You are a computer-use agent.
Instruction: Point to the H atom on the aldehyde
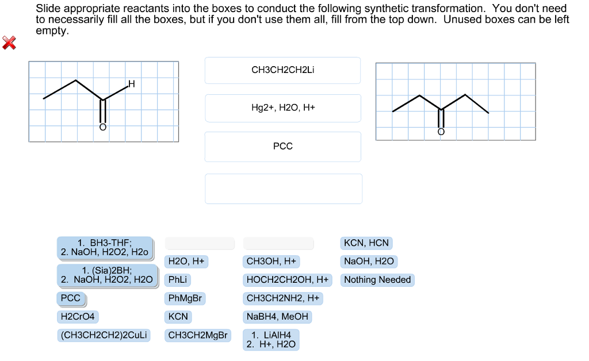tap(132, 85)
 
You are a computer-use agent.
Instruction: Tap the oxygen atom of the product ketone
tap(441, 132)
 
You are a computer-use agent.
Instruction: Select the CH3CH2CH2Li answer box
tap(282, 70)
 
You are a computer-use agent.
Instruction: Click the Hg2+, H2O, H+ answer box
tap(282, 108)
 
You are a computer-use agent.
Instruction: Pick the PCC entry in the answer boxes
tap(282, 147)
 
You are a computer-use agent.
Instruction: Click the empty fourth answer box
tap(283, 189)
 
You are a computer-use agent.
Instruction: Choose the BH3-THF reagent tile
tap(105, 247)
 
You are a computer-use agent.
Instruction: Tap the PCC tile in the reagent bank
tap(71, 298)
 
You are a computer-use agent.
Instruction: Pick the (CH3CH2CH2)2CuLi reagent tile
tap(104, 335)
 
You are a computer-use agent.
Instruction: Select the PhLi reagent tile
tap(178, 281)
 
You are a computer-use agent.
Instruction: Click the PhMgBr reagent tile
tap(185, 299)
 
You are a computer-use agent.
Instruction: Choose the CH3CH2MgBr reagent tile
tap(198, 335)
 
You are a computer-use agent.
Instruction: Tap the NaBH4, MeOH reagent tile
tap(277, 317)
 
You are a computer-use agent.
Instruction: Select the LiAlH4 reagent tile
tap(271, 340)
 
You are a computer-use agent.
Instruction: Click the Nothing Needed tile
tap(377, 280)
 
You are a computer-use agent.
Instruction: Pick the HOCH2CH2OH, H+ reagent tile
tap(288, 281)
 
